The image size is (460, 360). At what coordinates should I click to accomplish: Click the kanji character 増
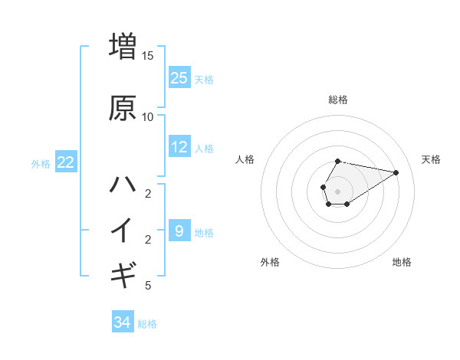(123, 46)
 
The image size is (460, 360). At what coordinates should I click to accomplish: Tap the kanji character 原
(123, 108)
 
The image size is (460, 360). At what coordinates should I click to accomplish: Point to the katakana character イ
(123, 229)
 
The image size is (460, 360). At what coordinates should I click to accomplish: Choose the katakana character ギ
(123, 273)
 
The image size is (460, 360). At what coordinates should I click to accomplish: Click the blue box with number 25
(179, 77)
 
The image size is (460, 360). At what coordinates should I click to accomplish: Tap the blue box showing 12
(179, 146)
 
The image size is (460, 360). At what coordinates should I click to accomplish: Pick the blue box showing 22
(66, 162)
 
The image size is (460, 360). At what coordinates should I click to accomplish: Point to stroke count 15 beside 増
(148, 55)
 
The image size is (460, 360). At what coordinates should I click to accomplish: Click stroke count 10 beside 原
(148, 117)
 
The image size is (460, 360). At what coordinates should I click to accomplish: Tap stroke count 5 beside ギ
(148, 286)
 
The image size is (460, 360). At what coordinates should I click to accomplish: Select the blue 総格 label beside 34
(147, 324)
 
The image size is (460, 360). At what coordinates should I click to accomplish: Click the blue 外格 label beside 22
(40, 163)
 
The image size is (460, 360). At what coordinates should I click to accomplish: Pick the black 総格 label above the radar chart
(338, 100)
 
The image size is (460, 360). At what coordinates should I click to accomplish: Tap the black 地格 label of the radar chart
(402, 262)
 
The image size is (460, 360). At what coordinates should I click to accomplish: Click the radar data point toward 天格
(396, 172)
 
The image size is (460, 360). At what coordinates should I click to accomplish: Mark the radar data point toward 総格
(338, 161)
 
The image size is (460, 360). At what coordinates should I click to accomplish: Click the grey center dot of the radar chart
(337, 190)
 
